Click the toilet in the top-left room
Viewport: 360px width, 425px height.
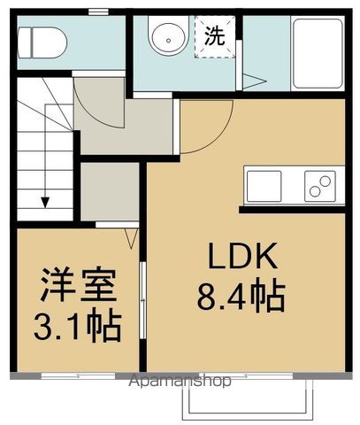42,42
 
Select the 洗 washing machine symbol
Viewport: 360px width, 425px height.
215,37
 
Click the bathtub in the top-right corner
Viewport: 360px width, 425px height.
318,53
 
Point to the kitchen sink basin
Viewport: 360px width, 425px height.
264,186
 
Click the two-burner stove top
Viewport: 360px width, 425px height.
320,186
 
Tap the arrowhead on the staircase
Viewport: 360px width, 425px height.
45,202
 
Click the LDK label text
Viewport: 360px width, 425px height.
242,256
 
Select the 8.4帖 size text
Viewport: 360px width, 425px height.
241,294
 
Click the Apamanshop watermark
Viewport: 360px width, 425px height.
180,381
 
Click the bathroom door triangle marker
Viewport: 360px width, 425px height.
254,81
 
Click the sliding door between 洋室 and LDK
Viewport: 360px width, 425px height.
142,300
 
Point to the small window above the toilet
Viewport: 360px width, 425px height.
98,12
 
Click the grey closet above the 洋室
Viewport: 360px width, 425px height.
110,191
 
